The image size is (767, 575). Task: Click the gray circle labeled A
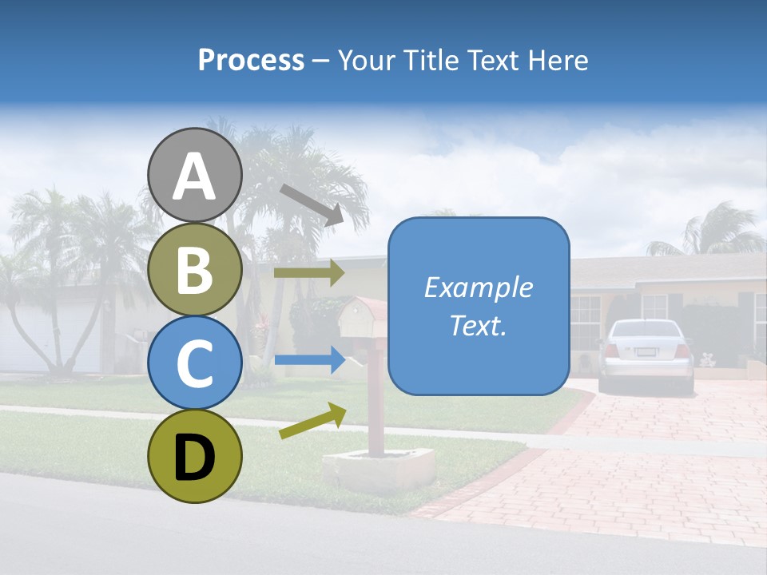(x=195, y=176)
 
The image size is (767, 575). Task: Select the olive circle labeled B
(x=195, y=270)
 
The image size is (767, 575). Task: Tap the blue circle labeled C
(x=195, y=363)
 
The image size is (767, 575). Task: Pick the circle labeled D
(x=195, y=456)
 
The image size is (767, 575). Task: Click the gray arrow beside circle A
(x=312, y=204)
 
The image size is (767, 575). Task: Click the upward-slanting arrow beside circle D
(x=312, y=421)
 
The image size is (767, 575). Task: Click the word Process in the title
(x=251, y=61)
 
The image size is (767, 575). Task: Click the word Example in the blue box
(x=478, y=287)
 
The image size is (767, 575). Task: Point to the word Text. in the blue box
(x=478, y=326)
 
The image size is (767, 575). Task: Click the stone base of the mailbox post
(x=378, y=468)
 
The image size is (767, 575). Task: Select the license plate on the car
(x=646, y=352)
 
